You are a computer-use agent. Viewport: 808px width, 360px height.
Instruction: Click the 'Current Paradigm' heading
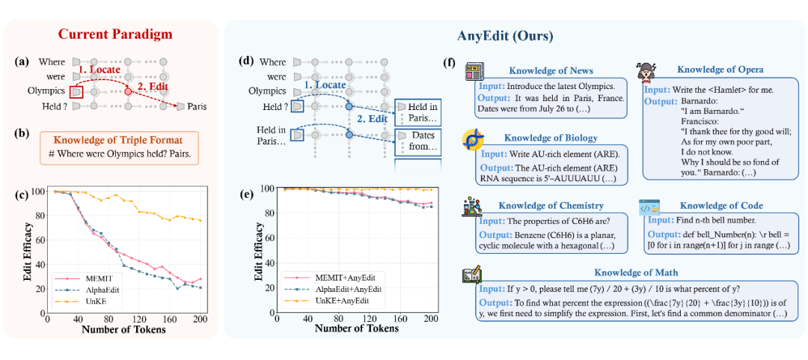tap(111, 34)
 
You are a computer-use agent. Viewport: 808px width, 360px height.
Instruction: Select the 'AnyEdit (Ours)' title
tap(506, 34)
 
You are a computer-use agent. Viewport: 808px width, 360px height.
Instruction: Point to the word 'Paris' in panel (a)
tap(198, 106)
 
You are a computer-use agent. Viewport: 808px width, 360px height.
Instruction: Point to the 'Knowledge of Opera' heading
tap(720, 70)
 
